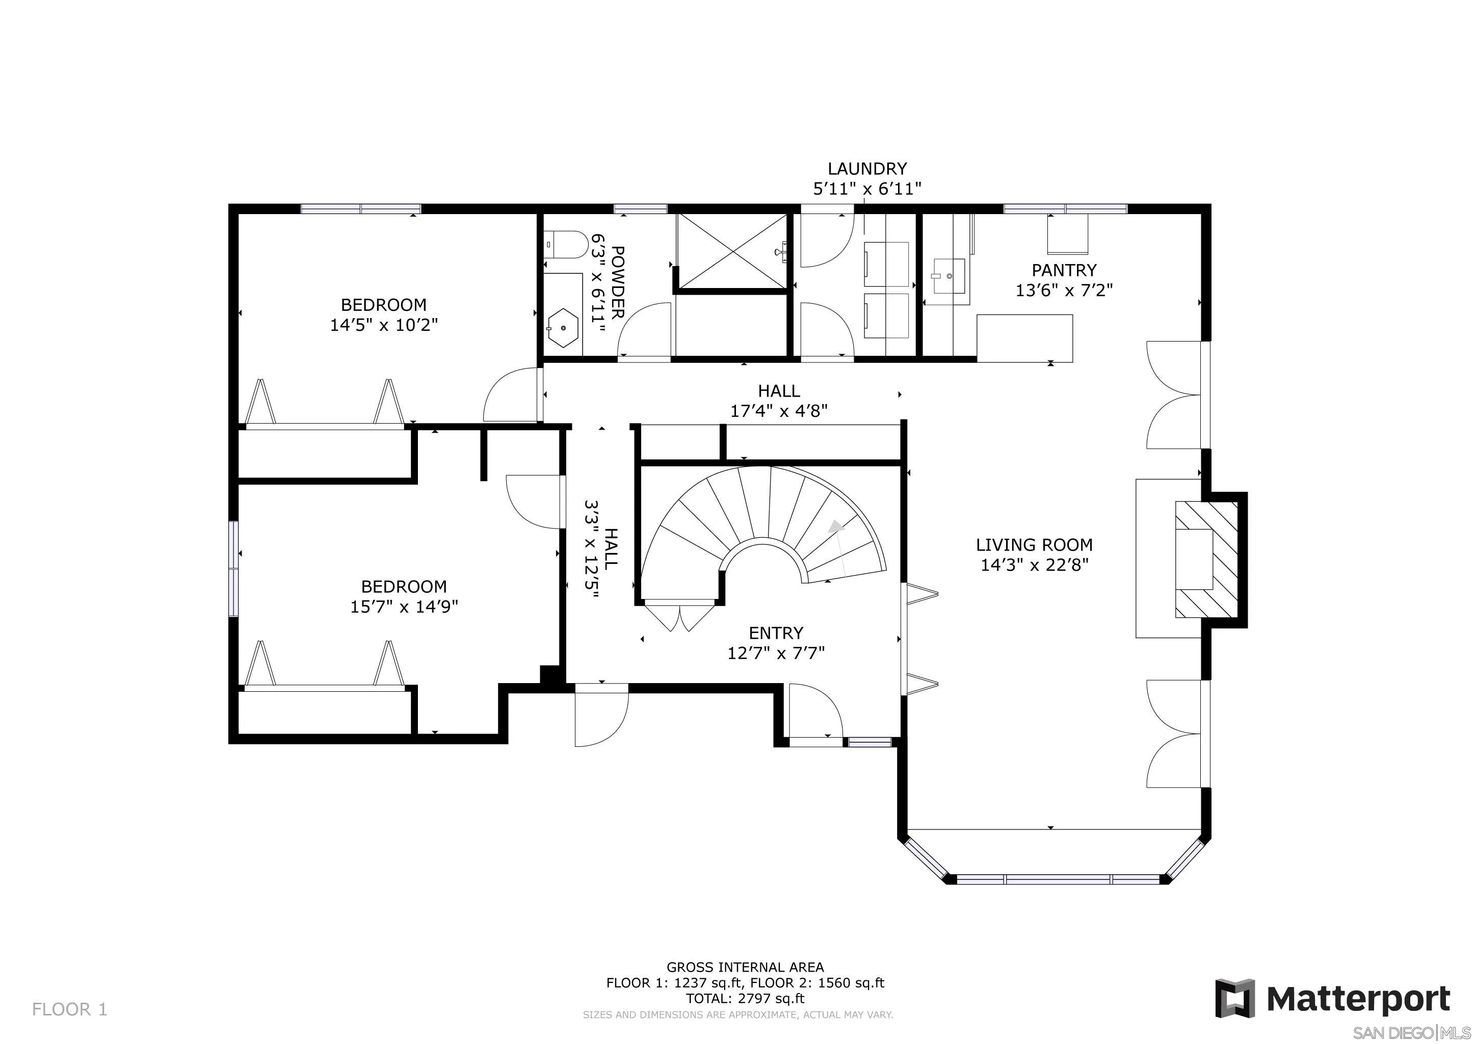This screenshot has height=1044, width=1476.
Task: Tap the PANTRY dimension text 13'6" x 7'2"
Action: pyautogui.click(x=1063, y=291)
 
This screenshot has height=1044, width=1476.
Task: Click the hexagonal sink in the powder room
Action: pyautogui.click(x=564, y=328)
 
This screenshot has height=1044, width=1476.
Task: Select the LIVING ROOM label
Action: pyautogui.click(x=1034, y=545)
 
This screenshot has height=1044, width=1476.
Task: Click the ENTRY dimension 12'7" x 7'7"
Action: pyautogui.click(x=775, y=653)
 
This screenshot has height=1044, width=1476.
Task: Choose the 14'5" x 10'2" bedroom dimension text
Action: pyautogui.click(x=384, y=325)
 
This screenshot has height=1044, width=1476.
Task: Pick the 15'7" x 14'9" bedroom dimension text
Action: pyautogui.click(x=404, y=607)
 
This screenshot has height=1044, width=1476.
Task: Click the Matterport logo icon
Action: pyautogui.click(x=1234, y=998)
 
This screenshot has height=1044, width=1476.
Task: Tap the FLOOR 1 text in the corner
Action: pyautogui.click(x=69, y=1009)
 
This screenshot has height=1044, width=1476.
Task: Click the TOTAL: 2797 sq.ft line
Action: pyautogui.click(x=745, y=998)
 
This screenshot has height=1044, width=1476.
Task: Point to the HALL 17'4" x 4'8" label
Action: pyautogui.click(x=778, y=401)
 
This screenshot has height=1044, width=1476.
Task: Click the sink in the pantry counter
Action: pyautogui.click(x=948, y=276)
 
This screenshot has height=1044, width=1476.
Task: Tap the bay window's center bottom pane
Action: pyautogui.click(x=1059, y=879)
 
